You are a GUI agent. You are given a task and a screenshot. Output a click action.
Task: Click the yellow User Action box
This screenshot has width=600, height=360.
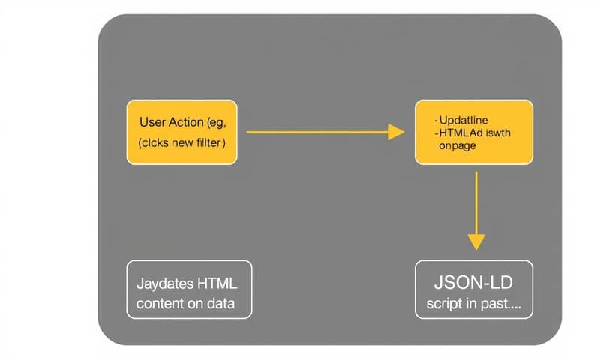pyautogui.click(x=182, y=132)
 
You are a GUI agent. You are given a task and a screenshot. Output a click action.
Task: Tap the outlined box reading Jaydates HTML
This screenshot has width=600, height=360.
pyautogui.click(x=189, y=289)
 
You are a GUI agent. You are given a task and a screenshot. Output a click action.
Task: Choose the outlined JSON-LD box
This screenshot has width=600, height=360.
pyautogui.click(x=474, y=289)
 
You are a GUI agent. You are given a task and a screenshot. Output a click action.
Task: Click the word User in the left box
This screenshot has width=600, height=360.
pyautogui.click(x=154, y=121)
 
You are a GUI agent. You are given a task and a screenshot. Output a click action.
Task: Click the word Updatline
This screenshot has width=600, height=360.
pyautogui.click(x=465, y=120)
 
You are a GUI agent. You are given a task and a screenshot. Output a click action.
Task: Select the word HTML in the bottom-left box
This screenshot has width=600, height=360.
pyautogui.click(x=217, y=283)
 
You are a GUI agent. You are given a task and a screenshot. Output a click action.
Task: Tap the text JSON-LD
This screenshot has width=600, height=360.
pyautogui.click(x=474, y=283)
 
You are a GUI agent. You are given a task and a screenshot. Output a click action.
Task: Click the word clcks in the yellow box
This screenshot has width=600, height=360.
pyautogui.click(x=158, y=142)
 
